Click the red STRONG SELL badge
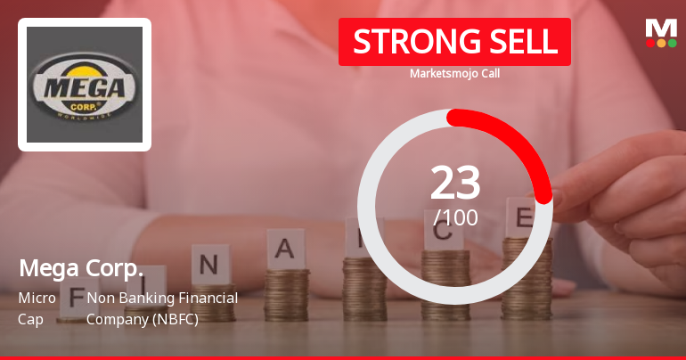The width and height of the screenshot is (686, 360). pos(454,42)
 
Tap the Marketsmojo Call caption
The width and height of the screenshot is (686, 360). pos(454,74)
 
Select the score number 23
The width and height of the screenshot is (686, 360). pos(455,183)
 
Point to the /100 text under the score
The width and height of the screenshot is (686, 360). pos(455,217)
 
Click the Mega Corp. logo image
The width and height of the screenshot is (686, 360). pos(85,85)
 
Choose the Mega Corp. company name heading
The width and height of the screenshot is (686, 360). pos(81,268)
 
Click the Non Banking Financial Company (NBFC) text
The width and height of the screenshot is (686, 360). pos(161,307)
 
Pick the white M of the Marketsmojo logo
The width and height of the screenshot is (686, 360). pos(661,28)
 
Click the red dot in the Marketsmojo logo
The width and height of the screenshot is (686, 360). pos(650,43)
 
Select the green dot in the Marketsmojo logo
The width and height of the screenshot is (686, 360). pos(672,43)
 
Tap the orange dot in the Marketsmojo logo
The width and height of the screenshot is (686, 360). pos(661,43)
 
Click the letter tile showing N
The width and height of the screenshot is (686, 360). pos(209,264)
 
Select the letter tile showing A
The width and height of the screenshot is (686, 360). pos(285,249)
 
